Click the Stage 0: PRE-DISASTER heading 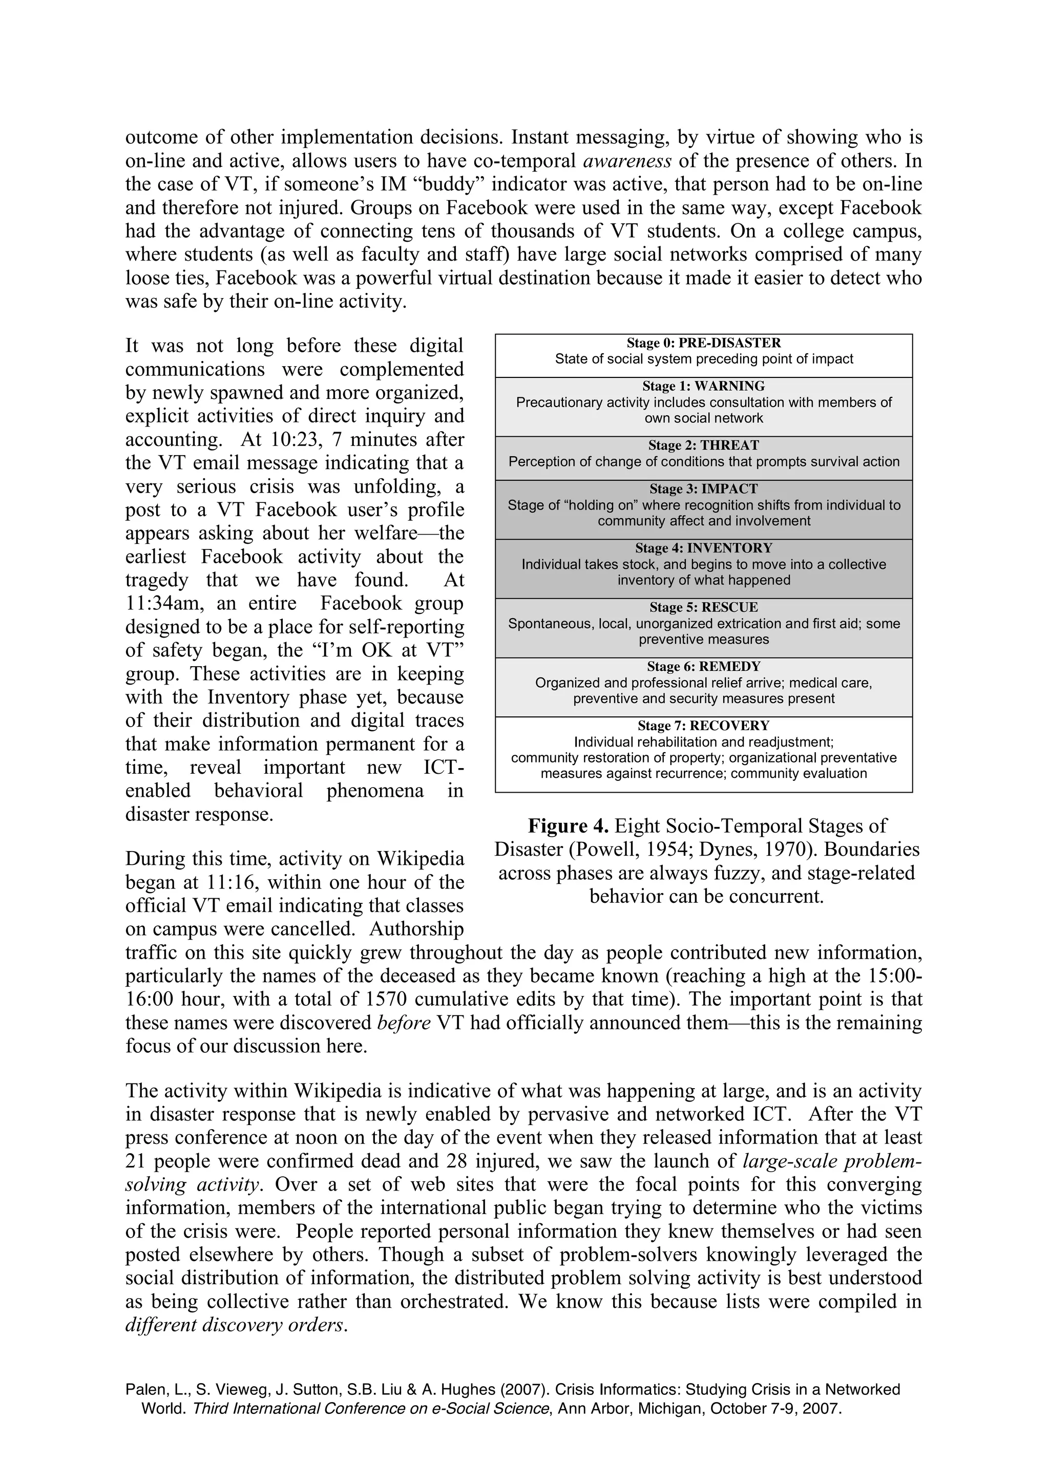pos(703,343)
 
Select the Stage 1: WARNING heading pos(703,387)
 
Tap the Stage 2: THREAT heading pos(703,446)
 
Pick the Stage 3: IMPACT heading pos(703,489)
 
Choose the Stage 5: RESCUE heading pos(703,607)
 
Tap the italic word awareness pos(627,161)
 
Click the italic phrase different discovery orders pos(236,1326)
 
